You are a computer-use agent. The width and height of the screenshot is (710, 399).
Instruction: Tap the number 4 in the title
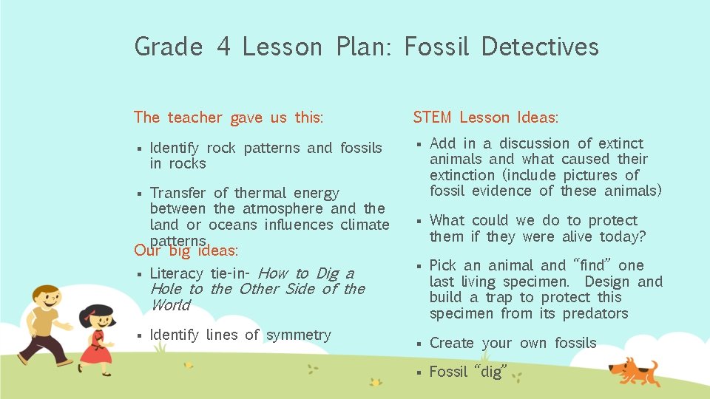[x=223, y=47]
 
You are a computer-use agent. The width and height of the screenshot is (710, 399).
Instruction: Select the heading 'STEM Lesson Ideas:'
[x=485, y=117]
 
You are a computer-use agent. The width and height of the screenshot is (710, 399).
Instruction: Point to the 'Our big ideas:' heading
[x=186, y=250]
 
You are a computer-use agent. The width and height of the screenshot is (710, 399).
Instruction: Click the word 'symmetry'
[x=298, y=335]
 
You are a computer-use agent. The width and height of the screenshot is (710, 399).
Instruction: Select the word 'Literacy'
[x=177, y=273]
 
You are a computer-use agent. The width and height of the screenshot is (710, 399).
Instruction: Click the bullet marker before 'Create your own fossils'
[x=418, y=344]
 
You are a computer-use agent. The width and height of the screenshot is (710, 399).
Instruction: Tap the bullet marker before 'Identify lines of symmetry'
[x=138, y=335]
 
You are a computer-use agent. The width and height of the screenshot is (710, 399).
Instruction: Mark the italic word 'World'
[x=170, y=305]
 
